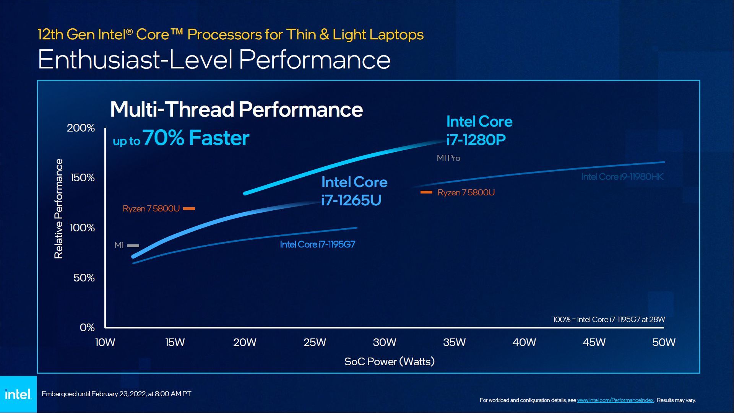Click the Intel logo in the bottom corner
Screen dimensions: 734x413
click(18, 394)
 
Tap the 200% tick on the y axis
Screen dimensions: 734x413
click(81, 128)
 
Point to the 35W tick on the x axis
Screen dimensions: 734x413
click(454, 342)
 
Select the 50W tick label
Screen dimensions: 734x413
click(664, 342)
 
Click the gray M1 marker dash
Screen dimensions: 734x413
click(133, 246)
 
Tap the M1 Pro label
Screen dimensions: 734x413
click(448, 158)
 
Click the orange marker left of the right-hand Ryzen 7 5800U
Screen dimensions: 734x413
click(426, 192)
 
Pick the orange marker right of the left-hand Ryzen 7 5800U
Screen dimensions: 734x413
click(189, 208)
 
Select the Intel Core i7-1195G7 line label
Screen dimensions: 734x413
click(317, 244)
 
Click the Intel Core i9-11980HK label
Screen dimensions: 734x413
click(622, 177)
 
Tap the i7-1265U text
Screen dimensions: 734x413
click(351, 200)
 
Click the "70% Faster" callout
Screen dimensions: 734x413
click(196, 138)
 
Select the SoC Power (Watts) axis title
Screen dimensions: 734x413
click(389, 361)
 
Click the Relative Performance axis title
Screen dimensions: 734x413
click(58, 209)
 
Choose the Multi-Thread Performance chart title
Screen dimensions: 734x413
click(236, 109)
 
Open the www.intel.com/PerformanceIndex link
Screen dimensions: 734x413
click(615, 400)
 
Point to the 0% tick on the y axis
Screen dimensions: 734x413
click(87, 328)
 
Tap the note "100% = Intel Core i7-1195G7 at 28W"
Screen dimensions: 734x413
click(609, 319)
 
